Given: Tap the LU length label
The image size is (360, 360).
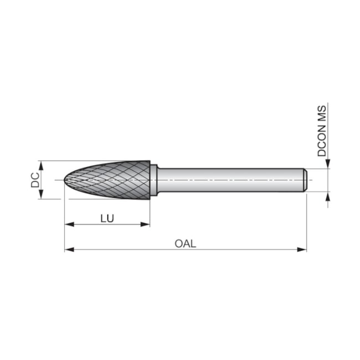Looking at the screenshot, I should (107, 218).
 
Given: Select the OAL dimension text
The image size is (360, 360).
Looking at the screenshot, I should (185, 243).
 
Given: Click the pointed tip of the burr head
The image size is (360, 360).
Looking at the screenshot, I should (65, 180).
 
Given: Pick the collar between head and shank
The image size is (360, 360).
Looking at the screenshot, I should (154, 180).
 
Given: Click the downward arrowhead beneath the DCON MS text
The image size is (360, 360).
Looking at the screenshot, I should (328, 164).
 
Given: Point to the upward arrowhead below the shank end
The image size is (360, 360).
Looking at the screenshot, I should (328, 196).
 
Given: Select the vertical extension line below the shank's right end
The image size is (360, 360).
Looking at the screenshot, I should (306, 222).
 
